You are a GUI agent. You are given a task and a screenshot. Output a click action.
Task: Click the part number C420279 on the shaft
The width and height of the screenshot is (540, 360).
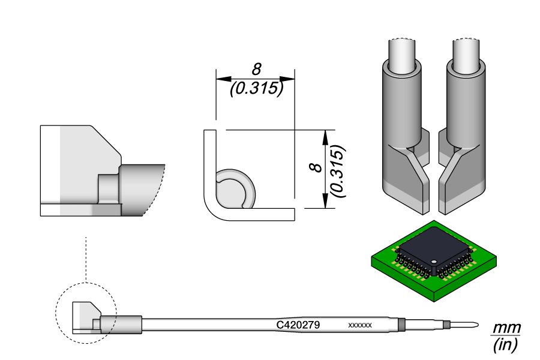pos(298,325)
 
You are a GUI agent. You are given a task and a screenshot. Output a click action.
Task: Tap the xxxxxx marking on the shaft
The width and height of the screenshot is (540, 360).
pos(360,325)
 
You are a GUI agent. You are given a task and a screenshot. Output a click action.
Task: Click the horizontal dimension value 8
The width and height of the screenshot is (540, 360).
pos(257,69)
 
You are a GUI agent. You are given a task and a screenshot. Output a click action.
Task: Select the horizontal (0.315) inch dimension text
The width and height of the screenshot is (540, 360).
pos(256,89)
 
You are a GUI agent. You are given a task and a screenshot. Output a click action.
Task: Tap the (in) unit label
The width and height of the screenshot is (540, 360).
pos(505,345)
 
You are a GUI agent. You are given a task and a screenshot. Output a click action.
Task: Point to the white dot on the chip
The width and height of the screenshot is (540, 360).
pos(433,260)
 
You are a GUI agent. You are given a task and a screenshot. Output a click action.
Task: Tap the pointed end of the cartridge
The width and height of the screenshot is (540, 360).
pos(474,326)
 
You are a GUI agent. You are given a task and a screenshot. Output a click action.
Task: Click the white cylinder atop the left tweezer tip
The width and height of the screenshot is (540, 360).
pos(402,53)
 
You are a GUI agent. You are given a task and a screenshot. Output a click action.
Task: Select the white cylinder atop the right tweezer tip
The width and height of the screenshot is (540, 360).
pos(466,53)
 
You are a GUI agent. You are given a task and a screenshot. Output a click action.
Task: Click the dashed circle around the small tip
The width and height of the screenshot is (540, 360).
pos(56,315)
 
